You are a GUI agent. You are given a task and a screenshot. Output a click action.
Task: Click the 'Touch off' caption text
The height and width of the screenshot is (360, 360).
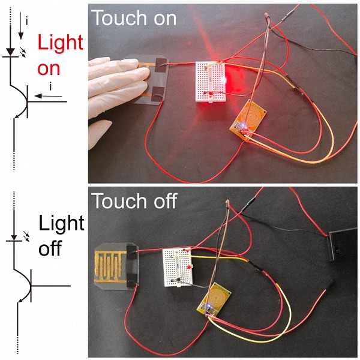[134, 201]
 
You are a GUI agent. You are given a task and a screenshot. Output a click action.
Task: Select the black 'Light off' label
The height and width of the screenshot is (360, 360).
[61, 236]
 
